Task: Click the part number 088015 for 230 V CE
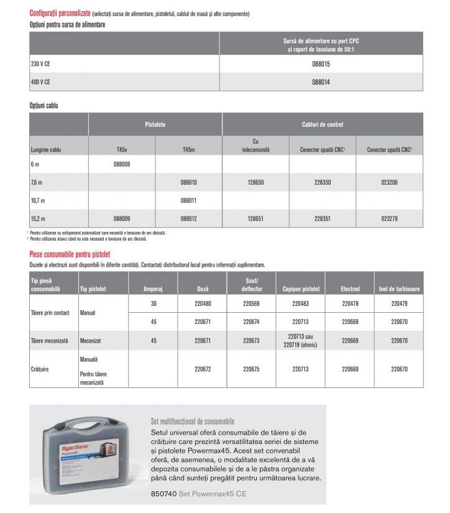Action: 320,64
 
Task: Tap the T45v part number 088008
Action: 122,164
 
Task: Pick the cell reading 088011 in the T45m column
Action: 188,201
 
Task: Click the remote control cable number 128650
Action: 255,183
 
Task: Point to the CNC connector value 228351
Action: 323,219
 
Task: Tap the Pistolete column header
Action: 155,125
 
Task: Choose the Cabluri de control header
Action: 322,125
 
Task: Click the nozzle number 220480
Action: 203,305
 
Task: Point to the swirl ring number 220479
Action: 400,305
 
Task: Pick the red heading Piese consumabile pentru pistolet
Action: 70,254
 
